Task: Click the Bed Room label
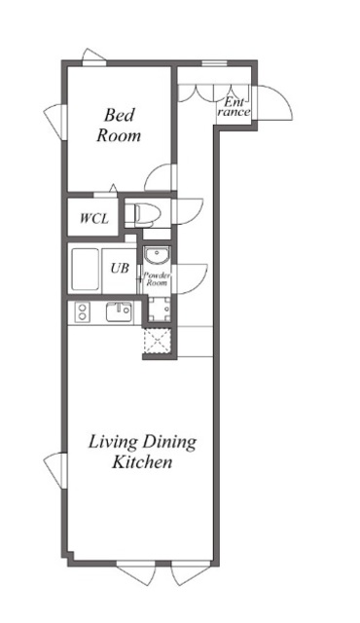(119, 126)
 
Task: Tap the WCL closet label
(94, 218)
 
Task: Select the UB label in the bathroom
(120, 269)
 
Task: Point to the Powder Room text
(157, 278)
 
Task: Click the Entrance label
(234, 107)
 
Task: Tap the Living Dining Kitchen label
(142, 452)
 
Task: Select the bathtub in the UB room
(85, 270)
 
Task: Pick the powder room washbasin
(158, 255)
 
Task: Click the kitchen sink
(119, 311)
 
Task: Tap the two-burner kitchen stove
(83, 311)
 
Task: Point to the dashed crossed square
(157, 340)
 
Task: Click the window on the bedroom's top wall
(94, 57)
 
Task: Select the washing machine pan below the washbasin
(160, 310)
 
